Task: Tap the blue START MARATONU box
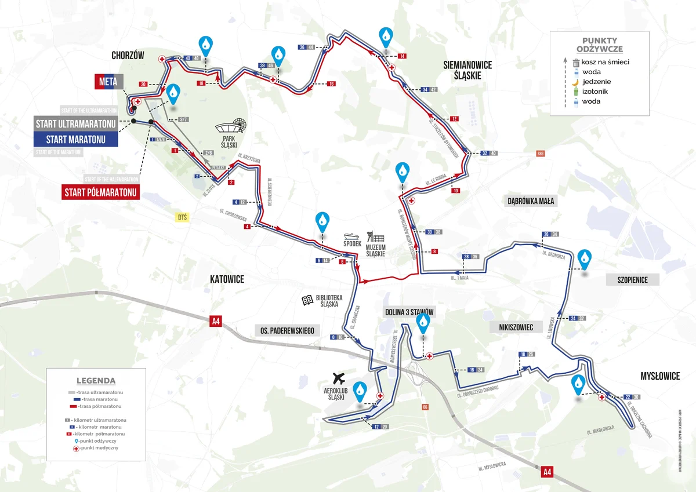pos(75,139)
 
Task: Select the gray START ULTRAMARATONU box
pos(75,123)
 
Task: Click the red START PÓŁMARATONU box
pos(101,192)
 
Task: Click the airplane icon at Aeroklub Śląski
pos(339,378)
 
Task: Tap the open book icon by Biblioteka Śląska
pos(308,300)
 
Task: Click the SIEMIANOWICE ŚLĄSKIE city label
pos(467,70)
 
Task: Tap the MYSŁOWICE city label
pos(659,376)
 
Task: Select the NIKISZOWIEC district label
pos(512,327)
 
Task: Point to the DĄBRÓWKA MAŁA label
pos(531,202)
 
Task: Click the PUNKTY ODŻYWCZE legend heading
pos(600,45)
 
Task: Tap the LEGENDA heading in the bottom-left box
pos(96,381)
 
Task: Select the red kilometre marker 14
pos(402,56)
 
